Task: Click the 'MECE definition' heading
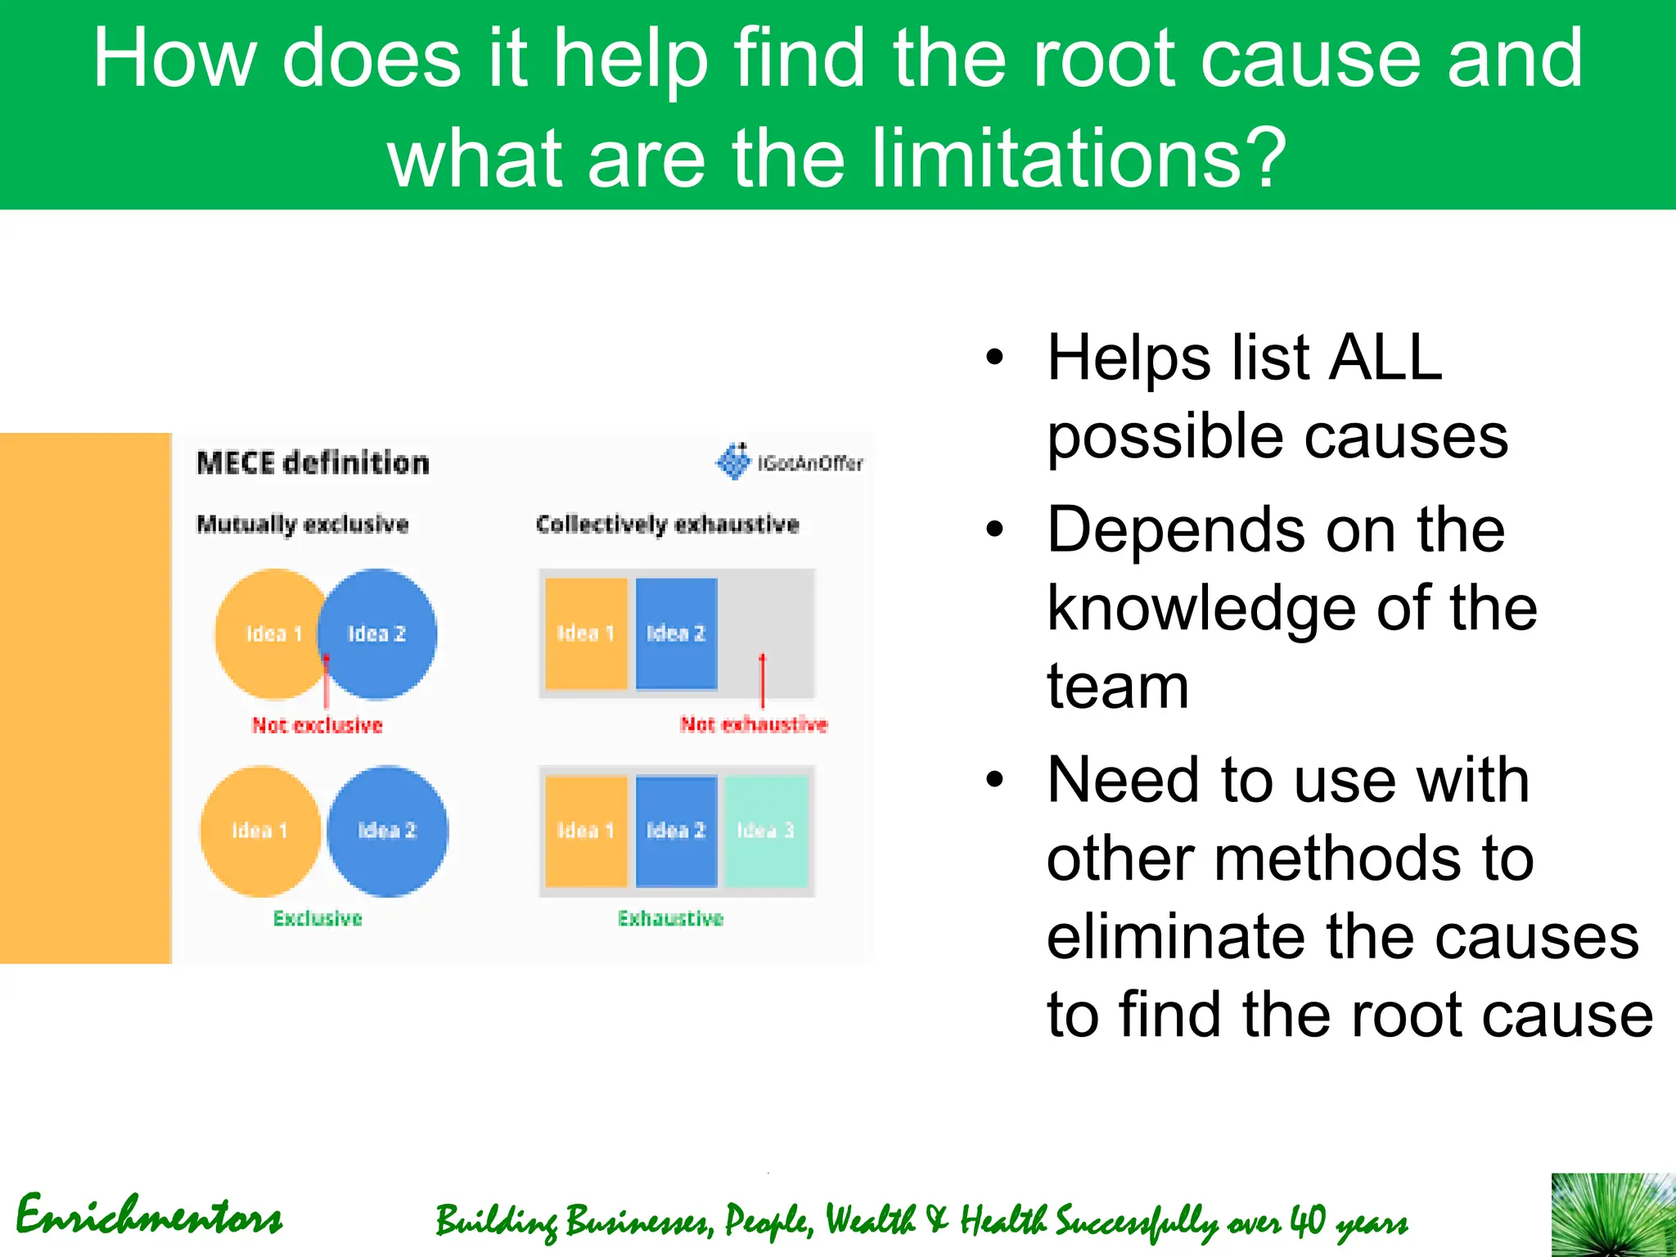pos(313,463)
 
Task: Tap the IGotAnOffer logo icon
pos(733,462)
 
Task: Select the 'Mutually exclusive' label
pos(303,525)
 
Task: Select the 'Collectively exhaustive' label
pos(667,525)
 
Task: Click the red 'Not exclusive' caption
pos(317,725)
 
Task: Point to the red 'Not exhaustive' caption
pos(754,724)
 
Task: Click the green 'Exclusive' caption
pos(318,918)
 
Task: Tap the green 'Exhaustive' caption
pos(670,918)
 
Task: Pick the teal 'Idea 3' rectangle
pos(766,831)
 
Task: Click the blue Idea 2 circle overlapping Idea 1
pos(385,634)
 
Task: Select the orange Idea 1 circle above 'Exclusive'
pos(259,831)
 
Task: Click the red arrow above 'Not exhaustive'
pos(763,679)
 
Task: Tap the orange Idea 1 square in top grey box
pos(586,633)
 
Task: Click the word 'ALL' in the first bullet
pos(1385,358)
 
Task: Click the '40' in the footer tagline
pos(1307,1220)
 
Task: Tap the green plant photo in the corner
pos(1612,1214)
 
